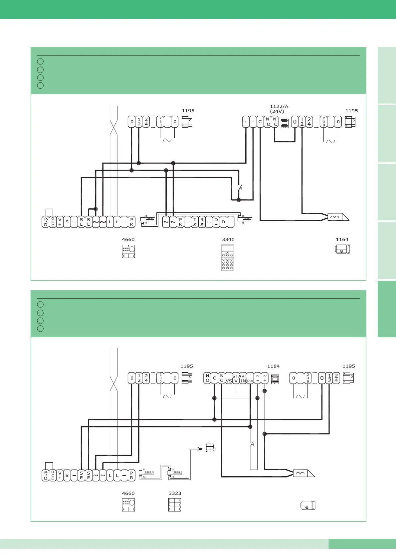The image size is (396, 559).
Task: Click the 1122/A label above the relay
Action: [279, 106]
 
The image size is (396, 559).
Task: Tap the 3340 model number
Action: [228, 239]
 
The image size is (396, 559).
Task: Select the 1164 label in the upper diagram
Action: [342, 239]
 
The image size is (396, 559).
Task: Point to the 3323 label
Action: [175, 493]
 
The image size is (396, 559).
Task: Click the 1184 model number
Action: [273, 366]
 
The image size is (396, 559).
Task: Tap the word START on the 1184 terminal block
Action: [240, 376]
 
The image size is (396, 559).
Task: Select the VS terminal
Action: [229, 381]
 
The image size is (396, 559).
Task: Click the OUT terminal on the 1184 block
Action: [250, 381]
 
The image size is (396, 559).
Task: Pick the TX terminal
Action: [195, 222]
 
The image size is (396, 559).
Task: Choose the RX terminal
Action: [202, 222]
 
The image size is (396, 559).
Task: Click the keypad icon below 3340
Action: [228, 257]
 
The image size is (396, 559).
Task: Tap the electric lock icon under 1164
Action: [342, 249]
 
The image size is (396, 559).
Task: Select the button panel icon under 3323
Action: [175, 504]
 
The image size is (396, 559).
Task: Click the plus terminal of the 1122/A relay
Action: [246, 122]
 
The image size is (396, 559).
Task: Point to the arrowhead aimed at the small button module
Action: [200, 448]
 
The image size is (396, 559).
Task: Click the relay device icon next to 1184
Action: [275, 379]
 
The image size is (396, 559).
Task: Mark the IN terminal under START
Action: [243, 381]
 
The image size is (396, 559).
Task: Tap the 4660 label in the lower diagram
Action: [128, 493]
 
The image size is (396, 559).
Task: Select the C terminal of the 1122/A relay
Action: [260, 122]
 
